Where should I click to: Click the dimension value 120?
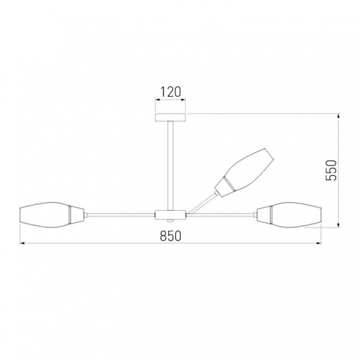[x=171, y=93]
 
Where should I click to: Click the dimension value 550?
[x=330, y=171]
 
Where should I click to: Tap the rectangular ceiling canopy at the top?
[x=171, y=117]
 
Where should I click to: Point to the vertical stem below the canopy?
[x=171, y=165]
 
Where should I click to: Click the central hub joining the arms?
[x=170, y=215]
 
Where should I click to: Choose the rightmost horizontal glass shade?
[x=292, y=215]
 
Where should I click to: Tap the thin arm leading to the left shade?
[x=119, y=215]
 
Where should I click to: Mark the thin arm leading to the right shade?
[x=220, y=215]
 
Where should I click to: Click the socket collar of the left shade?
[x=78, y=215]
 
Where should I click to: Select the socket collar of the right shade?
[x=263, y=215]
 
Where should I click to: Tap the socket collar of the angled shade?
[x=226, y=185]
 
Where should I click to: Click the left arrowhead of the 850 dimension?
[x=23, y=244]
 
